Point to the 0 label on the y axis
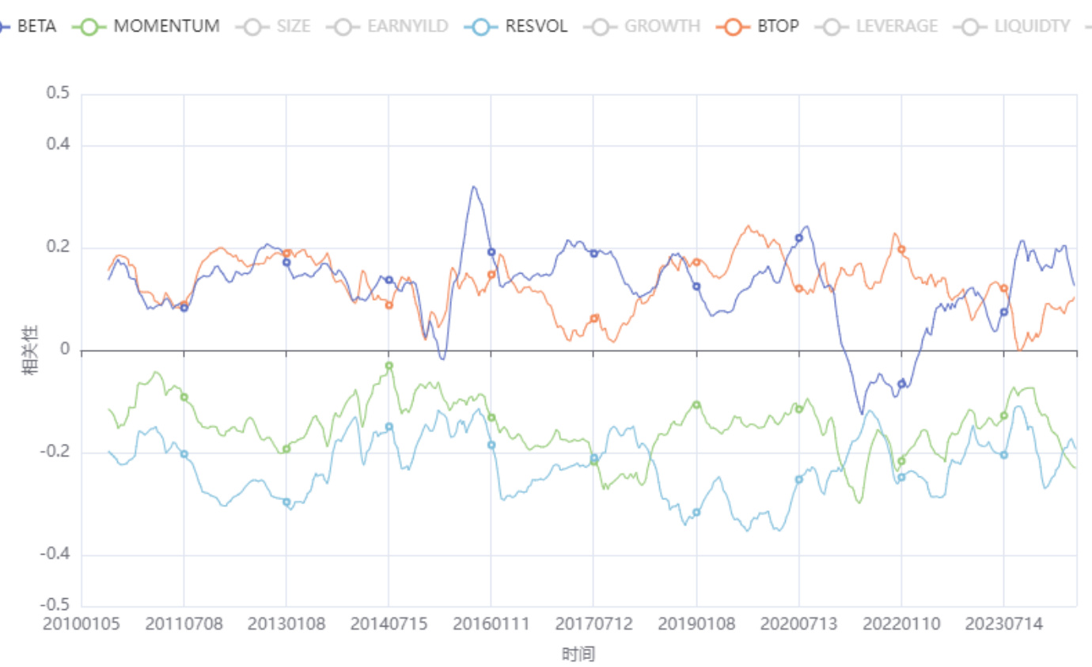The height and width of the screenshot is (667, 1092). [66, 351]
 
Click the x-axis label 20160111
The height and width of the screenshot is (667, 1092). [491, 624]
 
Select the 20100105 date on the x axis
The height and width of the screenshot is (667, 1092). [82, 624]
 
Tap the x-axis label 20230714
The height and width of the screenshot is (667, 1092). [1003, 624]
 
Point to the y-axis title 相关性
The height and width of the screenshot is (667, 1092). [30, 351]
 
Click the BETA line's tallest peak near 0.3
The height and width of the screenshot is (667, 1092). [473, 188]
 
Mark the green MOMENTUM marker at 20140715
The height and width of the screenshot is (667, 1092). [389, 366]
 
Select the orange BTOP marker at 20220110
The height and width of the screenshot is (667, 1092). [901, 249]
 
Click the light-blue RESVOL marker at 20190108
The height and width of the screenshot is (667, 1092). [696, 513]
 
